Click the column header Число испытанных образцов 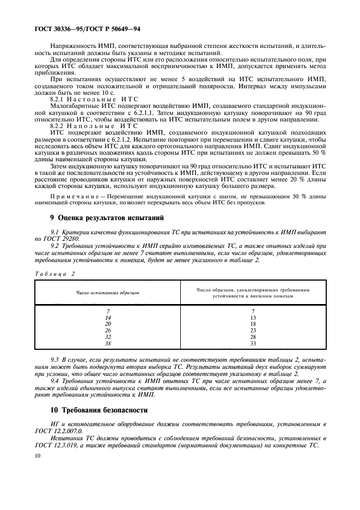108,293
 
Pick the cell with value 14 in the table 108,317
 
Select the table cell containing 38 108,343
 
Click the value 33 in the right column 253,343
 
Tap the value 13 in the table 253,317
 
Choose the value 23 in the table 253,330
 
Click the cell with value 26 108,330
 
